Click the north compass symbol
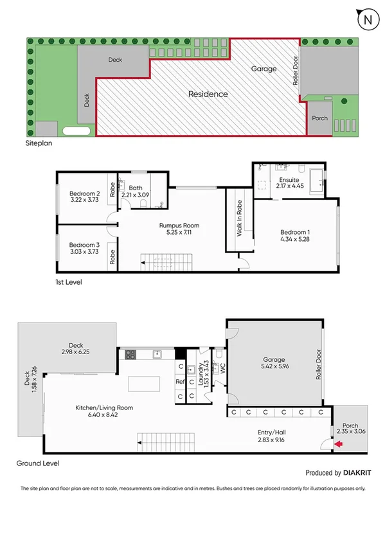click(x=368, y=20)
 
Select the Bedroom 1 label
click(x=295, y=232)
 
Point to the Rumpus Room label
click(x=179, y=226)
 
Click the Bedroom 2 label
click(x=85, y=193)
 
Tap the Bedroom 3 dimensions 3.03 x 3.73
click(x=85, y=252)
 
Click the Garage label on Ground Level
click(x=274, y=360)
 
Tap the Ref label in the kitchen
click(x=180, y=382)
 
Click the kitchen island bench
click(x=148, y=384)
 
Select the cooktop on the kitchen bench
click(x=130, y=353)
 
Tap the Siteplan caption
click(x=39, y=143)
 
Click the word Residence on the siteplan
click(x=208, y=94)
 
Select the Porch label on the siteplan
click(x=319, y=118)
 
